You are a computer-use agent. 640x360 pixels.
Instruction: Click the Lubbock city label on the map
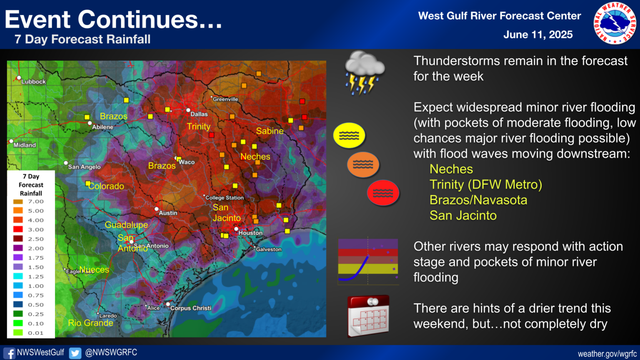click(33, 82)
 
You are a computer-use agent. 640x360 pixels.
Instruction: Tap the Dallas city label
click(199, 114)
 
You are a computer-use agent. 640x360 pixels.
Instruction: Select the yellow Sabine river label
click(270, 131)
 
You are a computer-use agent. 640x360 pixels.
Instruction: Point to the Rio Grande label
click(90, 323)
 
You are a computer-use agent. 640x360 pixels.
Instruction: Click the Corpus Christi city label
click(190, 308)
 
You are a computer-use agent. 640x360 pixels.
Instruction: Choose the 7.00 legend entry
click(35, 202)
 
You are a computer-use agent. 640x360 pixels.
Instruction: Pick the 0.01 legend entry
click(35, 333)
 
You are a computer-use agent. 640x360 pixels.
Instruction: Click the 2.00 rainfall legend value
click(35, 248)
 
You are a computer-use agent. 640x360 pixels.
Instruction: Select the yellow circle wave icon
click(349, 135)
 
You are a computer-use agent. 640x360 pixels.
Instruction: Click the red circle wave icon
click(383, 193)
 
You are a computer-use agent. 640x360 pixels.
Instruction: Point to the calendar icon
click(368, 316)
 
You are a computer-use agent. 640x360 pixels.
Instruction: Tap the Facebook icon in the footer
click(9, 353)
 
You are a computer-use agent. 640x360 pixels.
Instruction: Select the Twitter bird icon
click(75, 353)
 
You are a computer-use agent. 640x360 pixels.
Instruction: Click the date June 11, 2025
click(537, 35)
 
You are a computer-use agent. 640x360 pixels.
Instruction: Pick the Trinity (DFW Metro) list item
click(485, 185)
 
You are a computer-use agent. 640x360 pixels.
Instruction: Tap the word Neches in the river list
click(451, 169)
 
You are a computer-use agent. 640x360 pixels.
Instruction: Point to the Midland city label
click(25, 145)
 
